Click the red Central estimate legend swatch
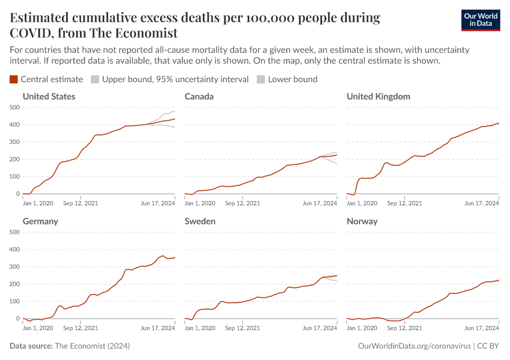(14, 79)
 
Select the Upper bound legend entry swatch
(95, 79)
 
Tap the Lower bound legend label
(292, 79)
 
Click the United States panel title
(49, 97)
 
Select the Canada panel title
(199, 97)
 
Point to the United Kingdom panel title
(378, 97)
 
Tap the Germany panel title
(40, 221)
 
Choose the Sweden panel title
(200, 221)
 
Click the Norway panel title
(362, 221)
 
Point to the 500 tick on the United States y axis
(14, 107)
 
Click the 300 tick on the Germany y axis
(14, 267)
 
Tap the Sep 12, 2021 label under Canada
(242, 203)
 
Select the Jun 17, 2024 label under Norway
(482, 328)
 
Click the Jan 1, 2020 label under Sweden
(200, 328)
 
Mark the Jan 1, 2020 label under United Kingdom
(362, 203)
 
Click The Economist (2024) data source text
(92, 346)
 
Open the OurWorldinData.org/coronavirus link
(413, 346)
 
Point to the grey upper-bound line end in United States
(174, 112)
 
